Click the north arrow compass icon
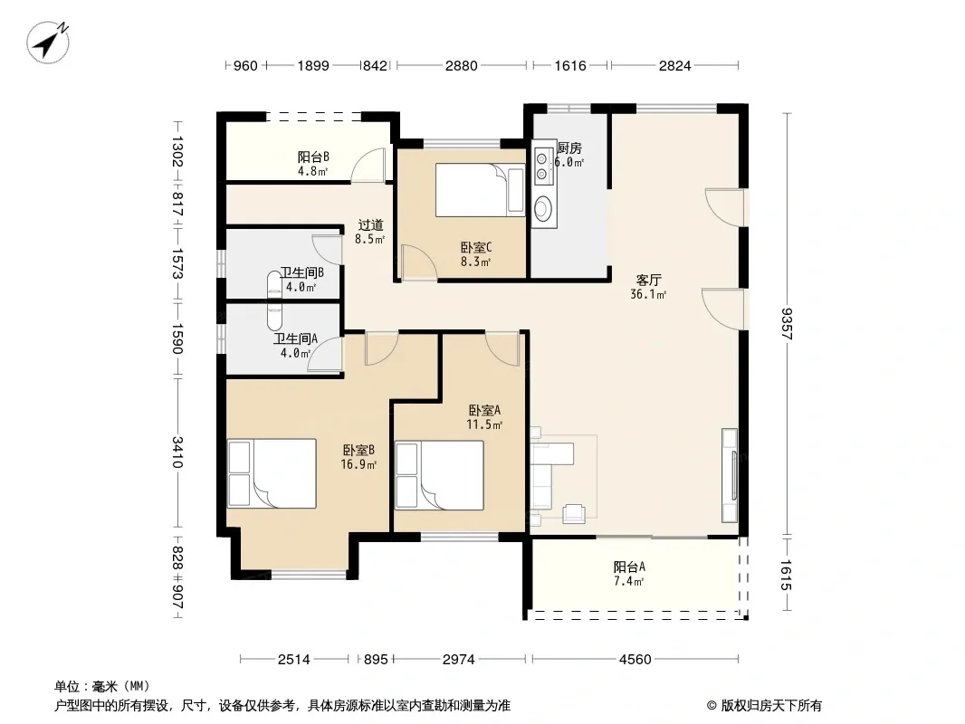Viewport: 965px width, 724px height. tap(48, 42)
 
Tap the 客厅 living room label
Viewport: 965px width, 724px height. tap(649, 281)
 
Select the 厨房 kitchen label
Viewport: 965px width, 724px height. tap(569, 148)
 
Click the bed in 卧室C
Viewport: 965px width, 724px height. tap(480, 189)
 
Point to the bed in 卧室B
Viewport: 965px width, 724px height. tap(272, 473)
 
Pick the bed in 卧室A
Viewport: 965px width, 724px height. tap(439, 475)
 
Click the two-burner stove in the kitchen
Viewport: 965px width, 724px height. tap(542, 167)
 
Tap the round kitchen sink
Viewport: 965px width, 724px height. tap(542, 208)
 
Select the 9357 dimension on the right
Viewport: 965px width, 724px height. tap(787, 324)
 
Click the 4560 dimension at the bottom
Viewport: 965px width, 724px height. tap(635, 660)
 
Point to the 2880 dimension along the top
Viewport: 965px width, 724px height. tap(461, 66)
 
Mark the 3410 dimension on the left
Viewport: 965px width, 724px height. tap(177, 452)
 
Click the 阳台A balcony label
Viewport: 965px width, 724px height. tap(629, 567)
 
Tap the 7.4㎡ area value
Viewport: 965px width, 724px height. tap(629, 581)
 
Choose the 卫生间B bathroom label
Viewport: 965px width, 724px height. tap(301, 272)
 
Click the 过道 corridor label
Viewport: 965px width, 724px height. tap(370, 225)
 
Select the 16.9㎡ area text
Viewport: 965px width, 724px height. tap(358, 464)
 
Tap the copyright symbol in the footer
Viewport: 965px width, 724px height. tap(712, 706)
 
